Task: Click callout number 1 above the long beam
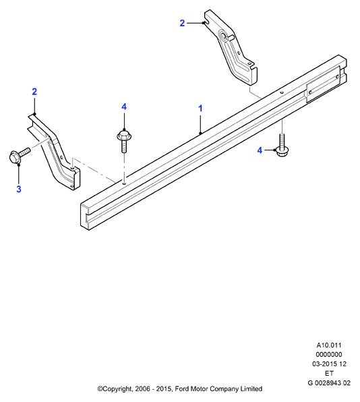(200, 108)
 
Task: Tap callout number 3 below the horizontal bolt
(19, 190)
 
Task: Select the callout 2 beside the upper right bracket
(182, 23)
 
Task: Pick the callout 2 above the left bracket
(34, 92)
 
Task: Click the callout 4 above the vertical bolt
(124, 107)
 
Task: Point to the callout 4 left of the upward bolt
(260, 150)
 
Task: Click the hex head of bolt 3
(15, 157)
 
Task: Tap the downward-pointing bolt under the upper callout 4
(124, 141)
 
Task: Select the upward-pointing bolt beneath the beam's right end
(282, 146)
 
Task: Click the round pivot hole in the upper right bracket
(222, 34)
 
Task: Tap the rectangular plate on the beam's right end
(324, 84)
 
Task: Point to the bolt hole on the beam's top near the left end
(124, 183)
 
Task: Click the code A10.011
(329, 345)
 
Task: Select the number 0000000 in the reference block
(329, 354)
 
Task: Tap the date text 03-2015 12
(329, 364)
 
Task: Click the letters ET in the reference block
(329, 373)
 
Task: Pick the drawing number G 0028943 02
(329, 382)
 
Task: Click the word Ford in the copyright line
(181, 389)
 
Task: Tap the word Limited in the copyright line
(251, 389)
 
